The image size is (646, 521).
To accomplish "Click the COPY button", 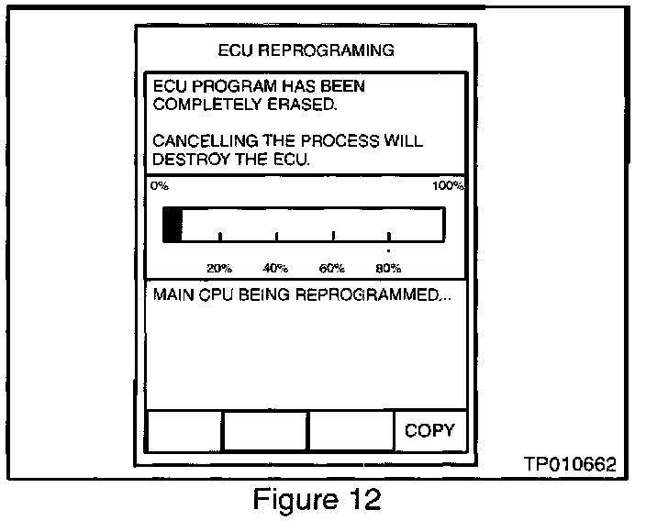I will coord(429,430).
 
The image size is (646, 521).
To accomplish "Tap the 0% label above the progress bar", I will coord(159,185).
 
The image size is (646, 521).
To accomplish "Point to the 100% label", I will coord(449,185).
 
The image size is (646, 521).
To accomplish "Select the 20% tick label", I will coord(218,268).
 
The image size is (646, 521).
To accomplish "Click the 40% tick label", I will coord(275,268).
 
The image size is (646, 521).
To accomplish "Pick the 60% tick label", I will coord(332,268).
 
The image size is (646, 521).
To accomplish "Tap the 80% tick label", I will coord(388,268).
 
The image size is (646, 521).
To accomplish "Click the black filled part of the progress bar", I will coord(173,224).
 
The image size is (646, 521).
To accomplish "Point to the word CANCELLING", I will coord(201,141).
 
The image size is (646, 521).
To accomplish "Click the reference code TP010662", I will coord(570,465).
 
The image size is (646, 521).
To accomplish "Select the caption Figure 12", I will coord(318,500).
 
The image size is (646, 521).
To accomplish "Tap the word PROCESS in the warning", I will coord(351,141).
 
